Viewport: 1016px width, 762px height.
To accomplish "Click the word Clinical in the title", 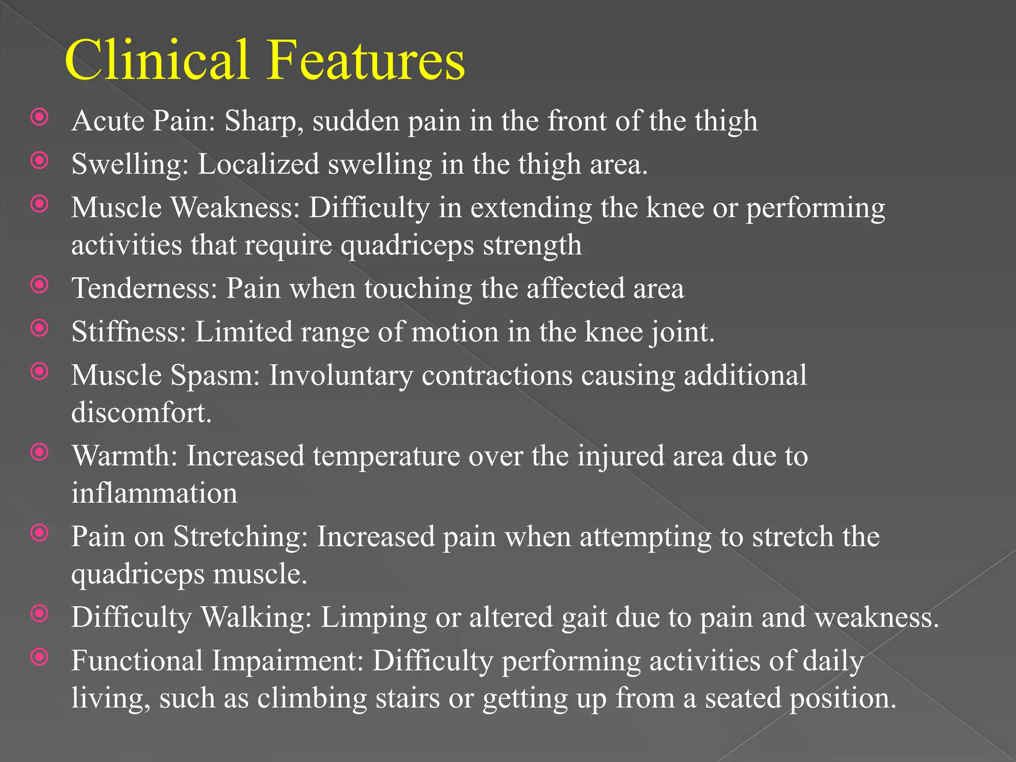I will click(x=157, y=60).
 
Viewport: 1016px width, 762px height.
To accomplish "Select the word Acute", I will click(x=108, y=121).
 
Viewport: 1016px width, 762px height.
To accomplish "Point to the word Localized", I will click(x=258, y=164).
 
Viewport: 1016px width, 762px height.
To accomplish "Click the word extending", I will click(x=531, y=208).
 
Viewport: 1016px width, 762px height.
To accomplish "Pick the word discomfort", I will click(x=141, y=412).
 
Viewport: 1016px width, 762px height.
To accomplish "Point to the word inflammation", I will click(x=154, y=493).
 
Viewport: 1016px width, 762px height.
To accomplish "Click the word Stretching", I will click(x=241, y=537).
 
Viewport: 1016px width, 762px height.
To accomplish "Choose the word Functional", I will click(x=137, y=661).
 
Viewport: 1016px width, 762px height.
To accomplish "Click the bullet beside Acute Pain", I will click(x=40, y=118).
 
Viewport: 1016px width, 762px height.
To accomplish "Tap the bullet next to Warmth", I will click(x=40, y=452).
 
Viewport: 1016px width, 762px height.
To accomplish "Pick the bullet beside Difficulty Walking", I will click(x=40, y=614).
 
